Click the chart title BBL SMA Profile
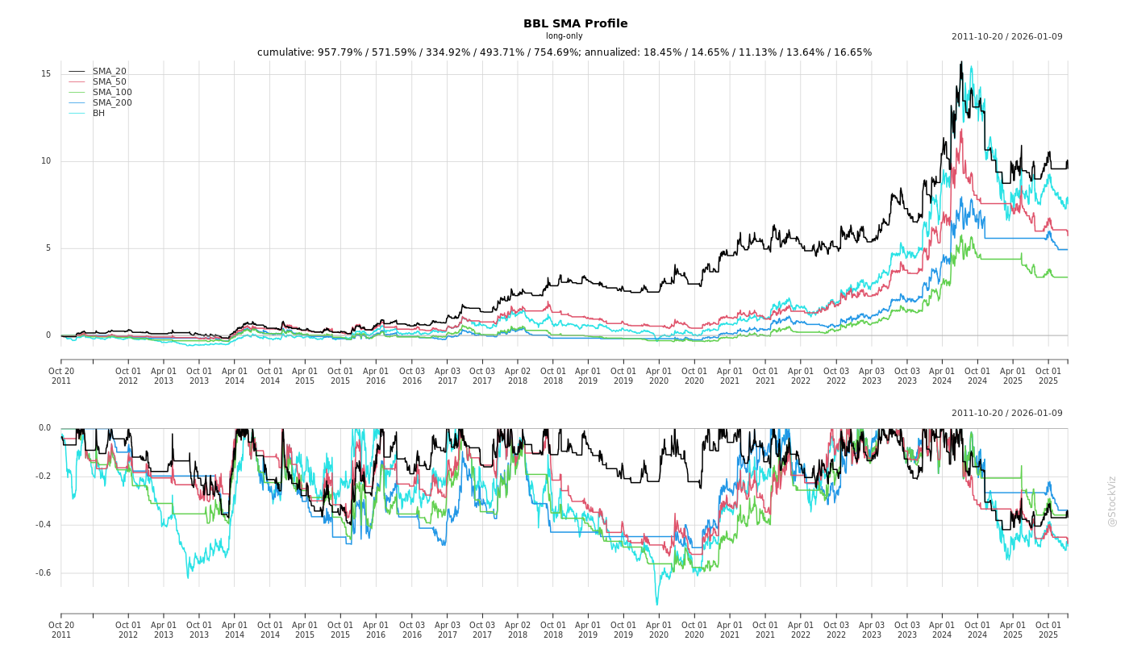575,23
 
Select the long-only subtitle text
564,36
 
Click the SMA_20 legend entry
109,72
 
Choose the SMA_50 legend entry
109,82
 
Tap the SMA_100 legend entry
111,93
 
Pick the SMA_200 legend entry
111,103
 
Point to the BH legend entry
98,114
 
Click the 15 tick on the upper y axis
45,74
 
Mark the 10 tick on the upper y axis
45,161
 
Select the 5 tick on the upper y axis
48,248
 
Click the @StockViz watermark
1112,501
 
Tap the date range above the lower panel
1006,414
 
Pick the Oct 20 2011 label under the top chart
61,376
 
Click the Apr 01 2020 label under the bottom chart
659,630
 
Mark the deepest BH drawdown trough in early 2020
656,604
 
